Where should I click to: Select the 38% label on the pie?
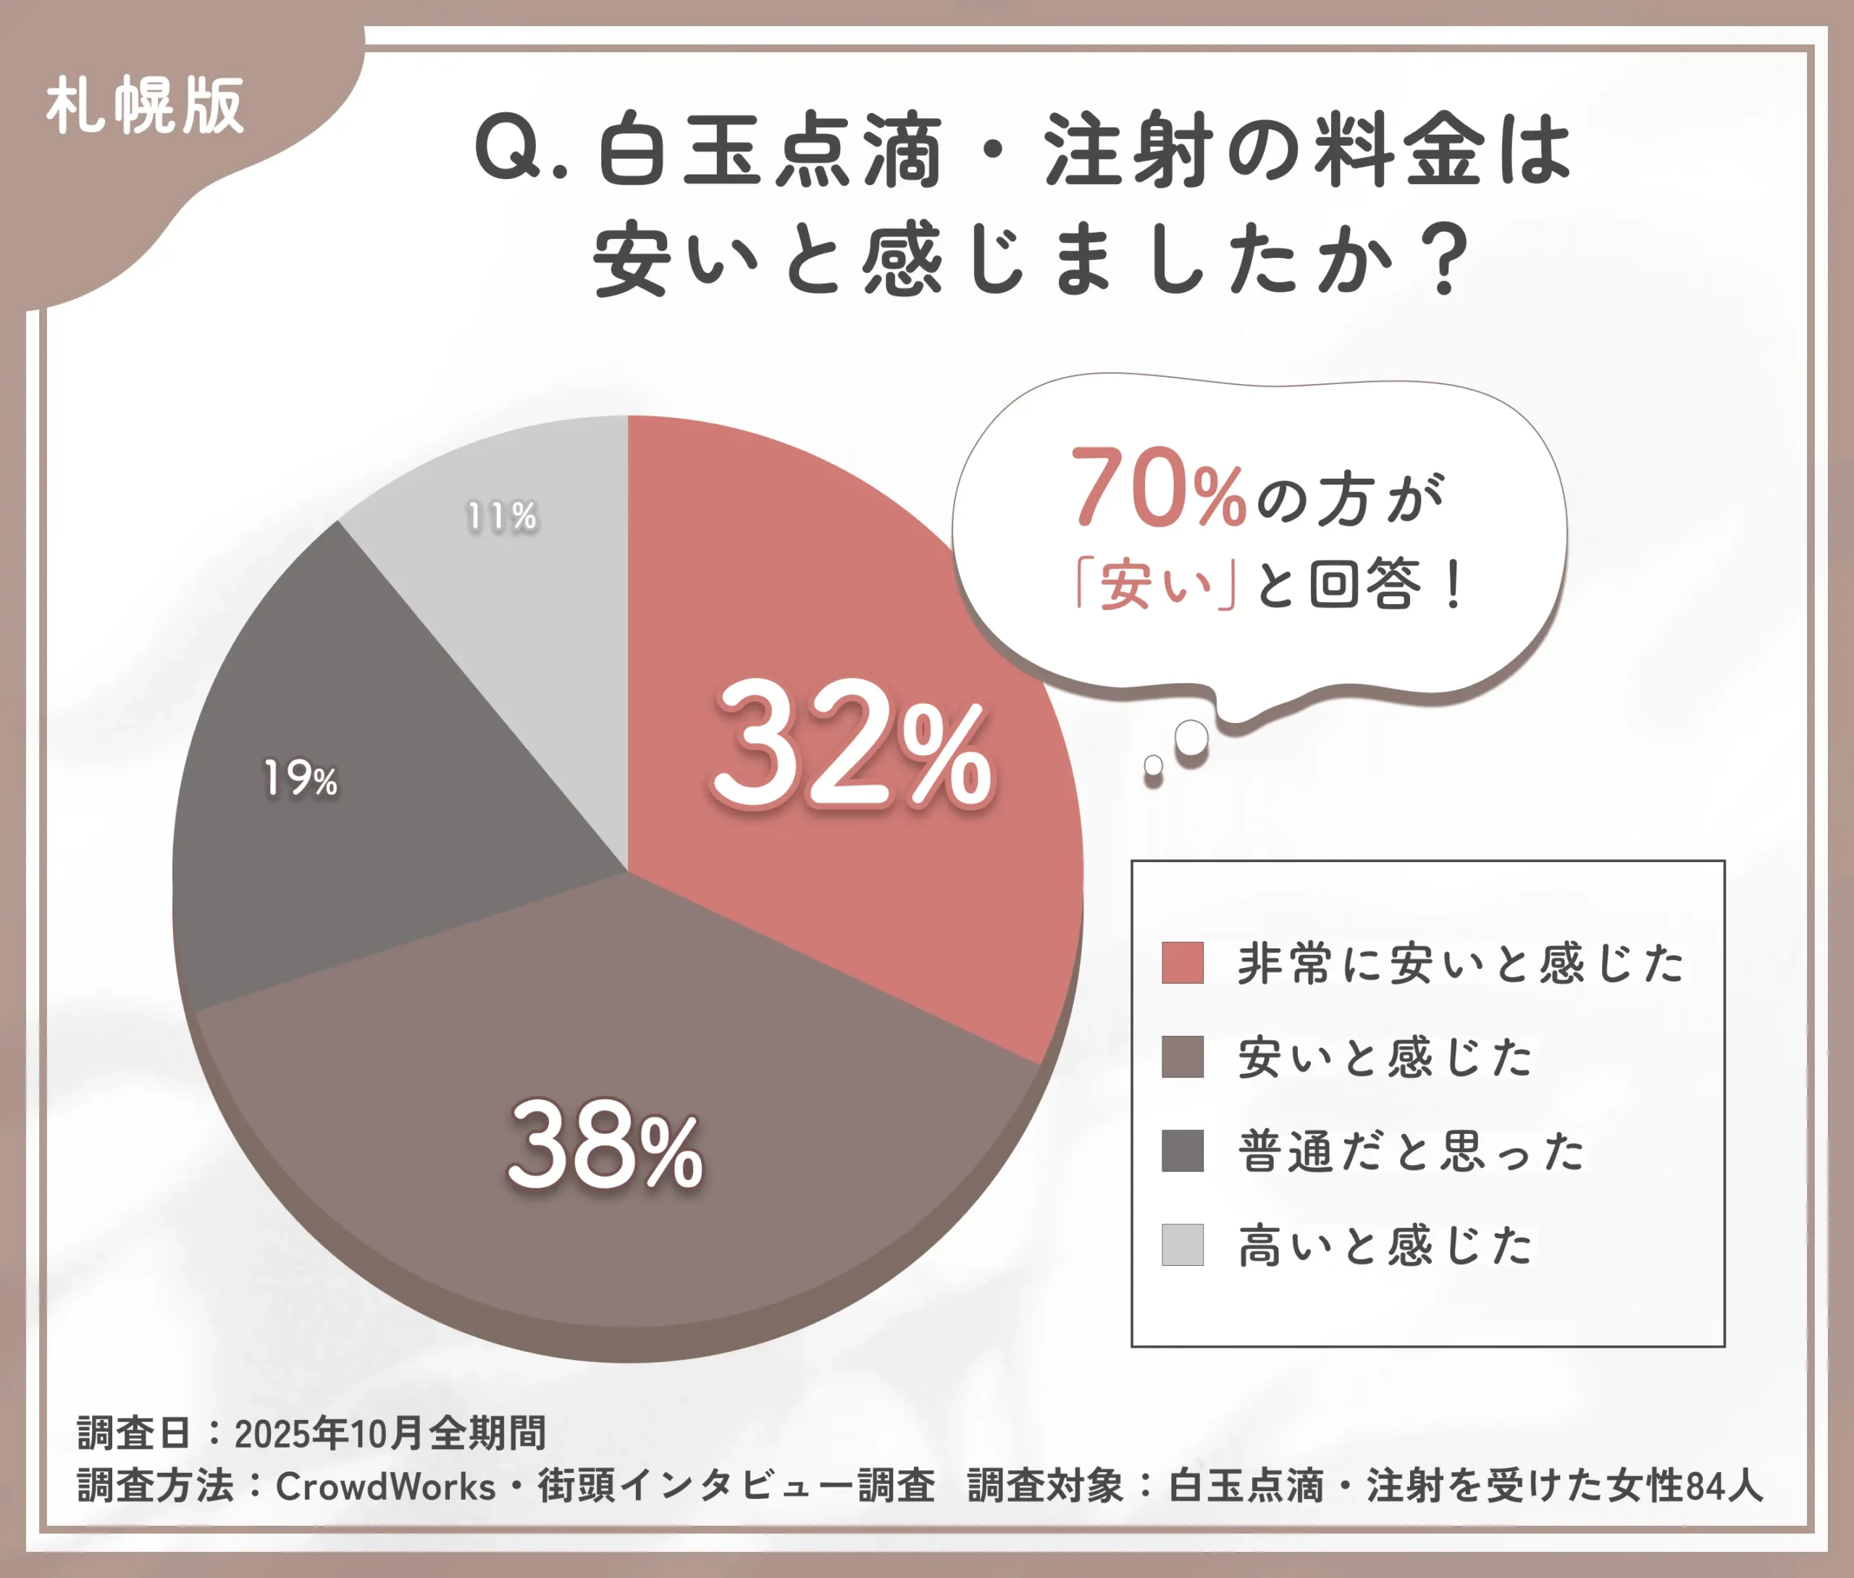coord(605,1147)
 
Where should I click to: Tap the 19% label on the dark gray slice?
coord(301,778)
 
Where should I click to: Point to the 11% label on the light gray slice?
coord(502,516)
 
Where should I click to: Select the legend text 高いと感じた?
coord(1385,1245)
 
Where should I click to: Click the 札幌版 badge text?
coord(145,106)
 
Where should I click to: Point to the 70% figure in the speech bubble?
coord(1158,488)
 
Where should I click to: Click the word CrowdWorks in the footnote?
coord(385,1487)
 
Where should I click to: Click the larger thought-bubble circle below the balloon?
coord(1191,738)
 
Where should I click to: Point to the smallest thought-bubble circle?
coord(1154,765)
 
